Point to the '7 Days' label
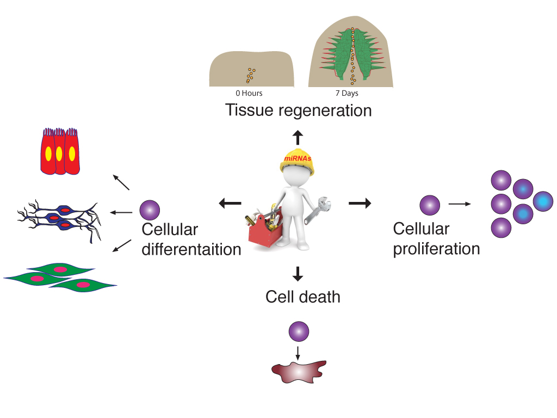pyautogui.click(x=346, y=94)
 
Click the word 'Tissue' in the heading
pyautogui.click(x=249, y=110)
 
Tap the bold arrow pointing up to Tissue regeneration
pyautogui.click(x=297, y=137)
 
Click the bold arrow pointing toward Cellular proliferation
pyautogui.click(x=360, y=204)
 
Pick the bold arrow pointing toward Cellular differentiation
pyautogui.click(x=230, y=204)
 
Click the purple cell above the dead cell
pyautogui.click(x=299, y=331)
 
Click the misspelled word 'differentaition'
pyautogui.click(x=191, y=250)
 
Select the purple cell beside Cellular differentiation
pyautogui.click(x=150, y=210)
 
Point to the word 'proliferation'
pyautogui.click(x=436, y=249)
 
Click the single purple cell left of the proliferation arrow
pyautogui.click(x=430, y=205)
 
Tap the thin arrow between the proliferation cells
pyautogui.click(x=460, y=205)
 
